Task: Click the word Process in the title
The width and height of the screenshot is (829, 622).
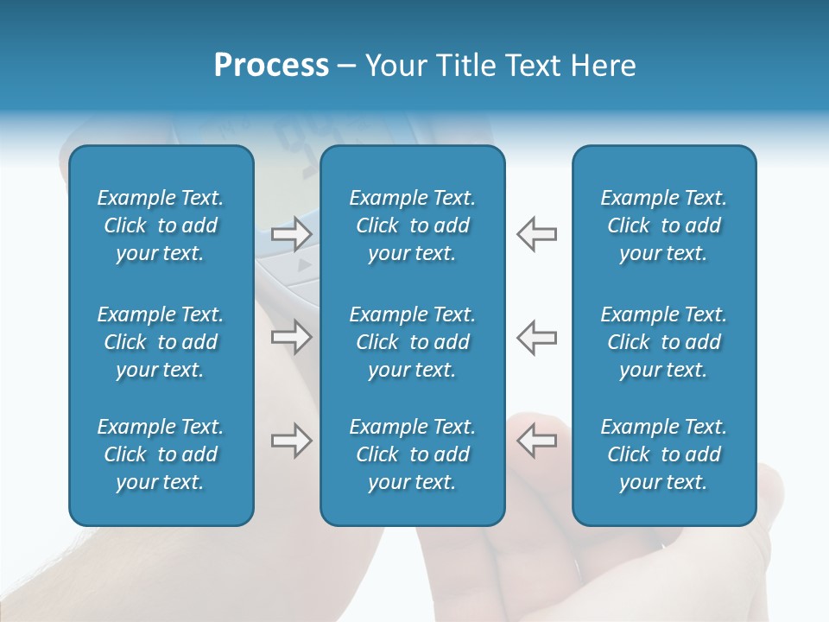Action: pyautogui.click(x=271, y=66)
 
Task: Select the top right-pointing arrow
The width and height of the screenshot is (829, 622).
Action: pyautogui.click(x=292, y=233)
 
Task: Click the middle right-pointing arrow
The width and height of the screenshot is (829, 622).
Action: pyautogui.click(x=292, y=337)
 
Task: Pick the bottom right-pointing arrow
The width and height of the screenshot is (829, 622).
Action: pyautogui.click(x=292, y=441)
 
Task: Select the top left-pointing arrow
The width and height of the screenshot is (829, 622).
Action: pyautogui.click(x=536, y=233)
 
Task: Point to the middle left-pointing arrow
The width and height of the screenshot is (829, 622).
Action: pyautogui.click(x=536, y=337)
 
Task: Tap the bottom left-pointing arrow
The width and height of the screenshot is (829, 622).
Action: pyautogui.click(x=536, y=441)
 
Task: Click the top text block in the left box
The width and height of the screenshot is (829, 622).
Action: pyautogui.click(x=161, y=225)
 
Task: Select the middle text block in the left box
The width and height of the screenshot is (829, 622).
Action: pyautogui.click(x=161, y=342)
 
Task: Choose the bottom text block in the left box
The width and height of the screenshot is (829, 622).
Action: pyautogui.click(x=161, y=454)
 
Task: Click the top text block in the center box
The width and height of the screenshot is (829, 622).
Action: pyautogui.click(x=412, y=225)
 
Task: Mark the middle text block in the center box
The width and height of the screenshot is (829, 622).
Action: pyautogui.click(x=412, y=342)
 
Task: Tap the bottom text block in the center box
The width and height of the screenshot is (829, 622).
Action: pyautogui.click(x=412, y=454)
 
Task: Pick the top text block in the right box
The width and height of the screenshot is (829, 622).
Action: pyautogui.click(x=663, y=225)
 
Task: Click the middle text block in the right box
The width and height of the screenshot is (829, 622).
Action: pyautogui.click(x=663, y=342)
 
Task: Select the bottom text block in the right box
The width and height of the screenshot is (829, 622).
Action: pyautogui.click(x=663, y=454)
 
